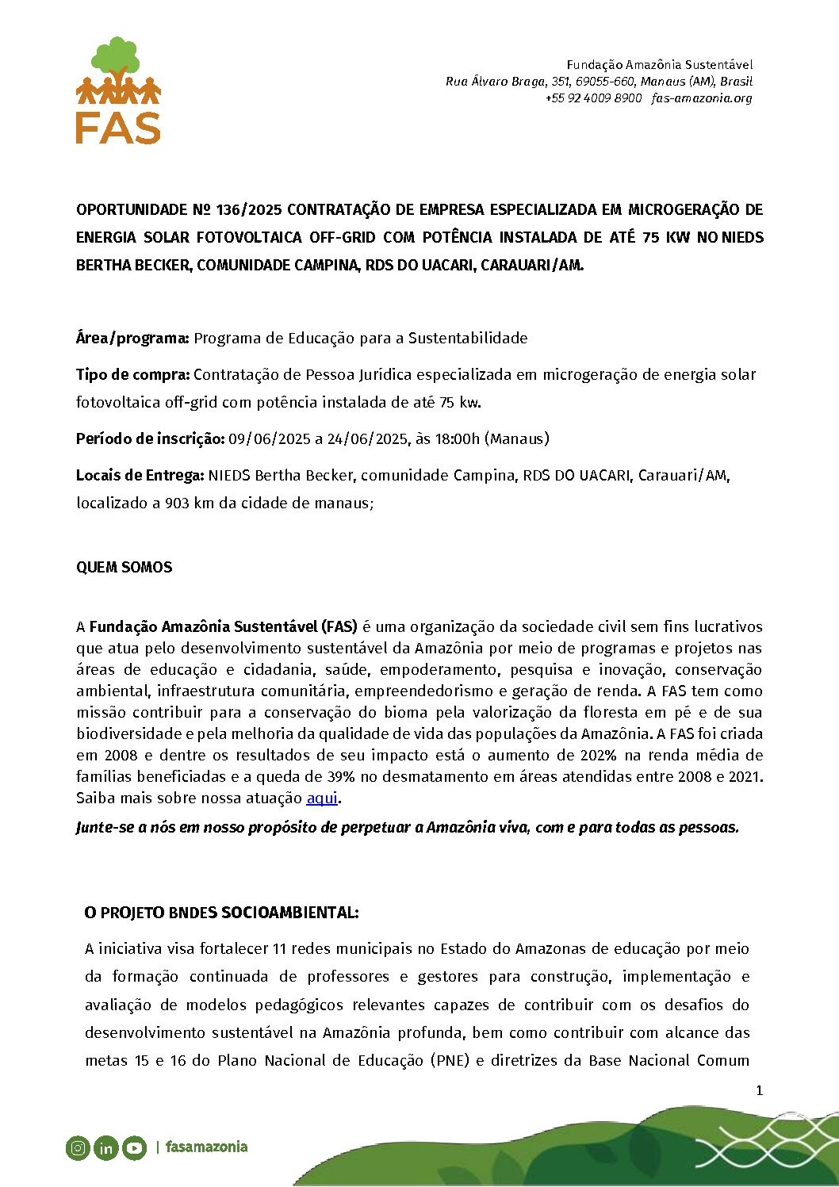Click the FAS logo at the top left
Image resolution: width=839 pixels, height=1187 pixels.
pos(119,90)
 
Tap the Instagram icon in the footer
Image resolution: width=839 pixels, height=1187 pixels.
pos(78,1147)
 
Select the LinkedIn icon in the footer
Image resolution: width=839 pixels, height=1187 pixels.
pos(105,1147)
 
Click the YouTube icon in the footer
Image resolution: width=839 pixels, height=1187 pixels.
pos(134,1147)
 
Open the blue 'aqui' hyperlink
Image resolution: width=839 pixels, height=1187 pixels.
pos(322,798)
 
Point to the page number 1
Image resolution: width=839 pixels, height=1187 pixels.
pos(759,1091)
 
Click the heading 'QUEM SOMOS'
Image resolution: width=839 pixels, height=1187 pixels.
pos(124,568)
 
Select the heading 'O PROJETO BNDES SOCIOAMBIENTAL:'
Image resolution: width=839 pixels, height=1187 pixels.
pos(221,913)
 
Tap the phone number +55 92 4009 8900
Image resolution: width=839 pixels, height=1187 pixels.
pos(593,98)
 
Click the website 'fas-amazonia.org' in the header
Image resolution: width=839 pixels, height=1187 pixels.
pos(702,98)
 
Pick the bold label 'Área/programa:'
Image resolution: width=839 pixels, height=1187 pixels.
pos(132,339)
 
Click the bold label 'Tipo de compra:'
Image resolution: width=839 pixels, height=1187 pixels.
pos(132,374)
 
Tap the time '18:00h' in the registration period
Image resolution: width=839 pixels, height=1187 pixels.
pos(456,438)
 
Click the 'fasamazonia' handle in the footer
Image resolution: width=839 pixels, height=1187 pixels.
pos(206,1147)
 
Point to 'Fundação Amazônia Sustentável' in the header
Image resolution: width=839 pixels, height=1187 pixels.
pos(659,65)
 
